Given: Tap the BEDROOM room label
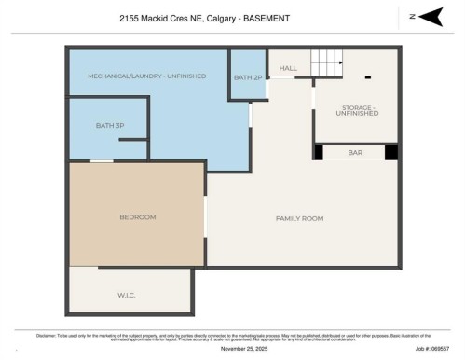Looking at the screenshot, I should coord(137,217).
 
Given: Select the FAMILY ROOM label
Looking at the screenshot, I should coord(299,217).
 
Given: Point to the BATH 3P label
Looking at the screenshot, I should coord(110,125).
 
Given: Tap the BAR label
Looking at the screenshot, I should coord(354,151).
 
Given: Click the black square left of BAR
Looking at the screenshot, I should coord(319,152).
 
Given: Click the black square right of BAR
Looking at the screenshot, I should coord(391,152).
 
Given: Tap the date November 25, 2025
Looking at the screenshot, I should coord(243,347).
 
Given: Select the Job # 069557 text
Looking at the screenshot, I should coord(431,347).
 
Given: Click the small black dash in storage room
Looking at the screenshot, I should coord(368,76).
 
